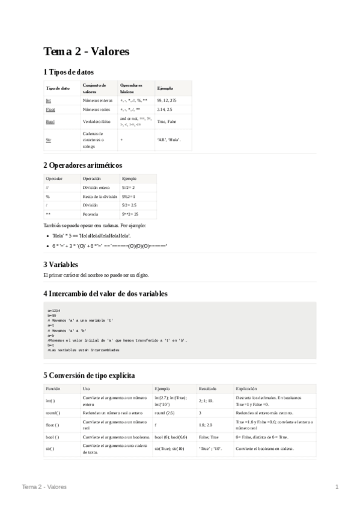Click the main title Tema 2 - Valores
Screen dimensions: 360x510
click(x=86, y=52)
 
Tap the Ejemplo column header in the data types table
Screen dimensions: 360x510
click(x=164, y=88)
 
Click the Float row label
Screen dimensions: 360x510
click(x=50, y=110)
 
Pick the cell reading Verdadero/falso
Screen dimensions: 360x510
click(x=96, y=121)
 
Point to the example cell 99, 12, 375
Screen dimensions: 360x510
click(x=166, y=99)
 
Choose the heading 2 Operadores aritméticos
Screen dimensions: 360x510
click(x=82, y=164)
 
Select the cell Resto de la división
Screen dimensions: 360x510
click(x=100, y=196)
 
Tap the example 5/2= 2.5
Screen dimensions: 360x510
click(x=130, y=205)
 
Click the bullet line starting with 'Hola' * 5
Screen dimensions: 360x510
click(x=91, y=235)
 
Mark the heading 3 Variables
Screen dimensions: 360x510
click(x=61, y=264)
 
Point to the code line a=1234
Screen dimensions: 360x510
click(x=53, y=310)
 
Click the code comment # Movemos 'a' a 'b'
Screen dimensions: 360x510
click(x=67, y=330)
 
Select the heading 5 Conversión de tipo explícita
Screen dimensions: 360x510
click(x=89, y=375)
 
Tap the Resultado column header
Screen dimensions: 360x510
click(x=209, y=389)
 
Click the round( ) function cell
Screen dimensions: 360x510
click(x=54, y=413)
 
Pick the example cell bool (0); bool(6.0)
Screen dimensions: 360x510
click(x=171, y=437)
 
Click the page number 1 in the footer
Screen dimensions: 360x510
click(x=337, y=486)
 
